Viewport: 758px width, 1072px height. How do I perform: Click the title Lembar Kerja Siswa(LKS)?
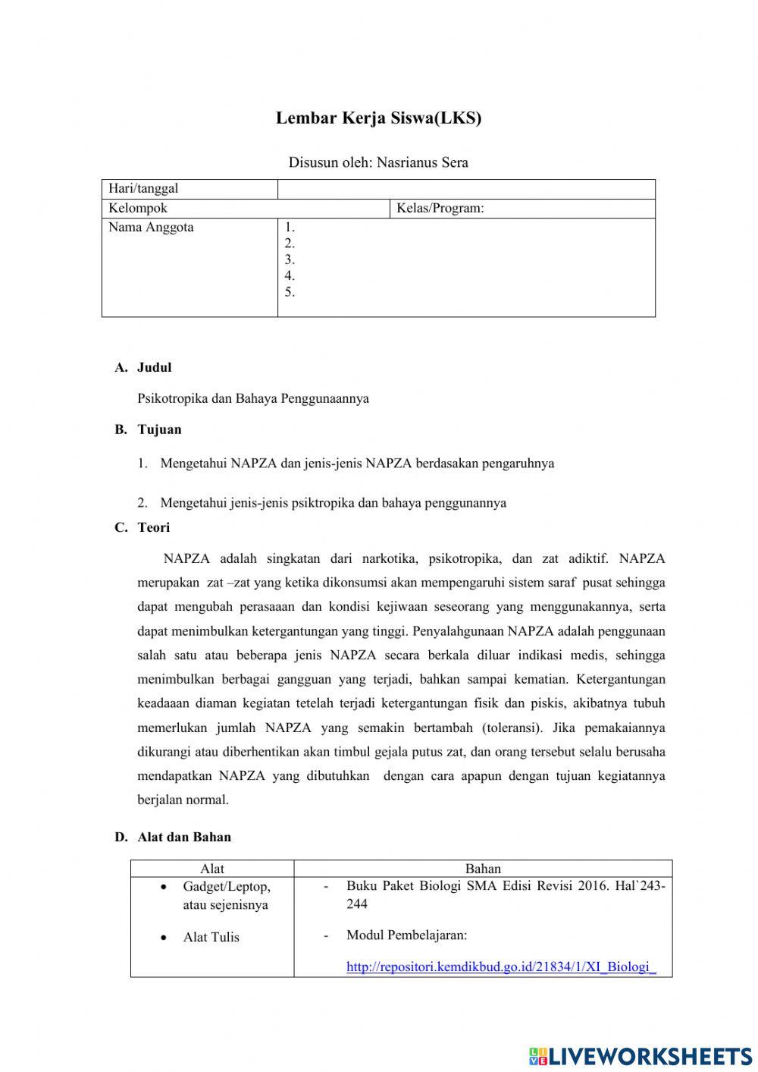tap(378, 118)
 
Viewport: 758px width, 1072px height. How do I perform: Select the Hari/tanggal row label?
tap(143, 189)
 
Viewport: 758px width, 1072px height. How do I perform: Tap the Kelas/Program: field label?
tap(440, 209)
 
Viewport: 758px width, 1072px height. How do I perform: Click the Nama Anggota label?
tap(151, 228)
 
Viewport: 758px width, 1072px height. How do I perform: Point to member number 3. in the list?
tap(290, 259)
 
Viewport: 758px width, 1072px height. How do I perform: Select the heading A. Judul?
tap(143, 367)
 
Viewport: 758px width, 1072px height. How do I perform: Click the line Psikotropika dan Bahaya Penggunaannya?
tap(253, 398)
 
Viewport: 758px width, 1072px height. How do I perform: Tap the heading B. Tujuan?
tap(148, 429)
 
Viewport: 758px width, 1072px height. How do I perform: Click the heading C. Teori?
tap(143, 527)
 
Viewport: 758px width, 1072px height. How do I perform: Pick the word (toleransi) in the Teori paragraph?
tap(512, 728)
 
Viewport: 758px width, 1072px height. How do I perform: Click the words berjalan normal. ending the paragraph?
tap(183, 800)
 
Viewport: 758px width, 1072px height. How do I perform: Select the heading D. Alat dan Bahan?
tap(173, 837)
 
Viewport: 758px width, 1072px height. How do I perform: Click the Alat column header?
tap(211, 869)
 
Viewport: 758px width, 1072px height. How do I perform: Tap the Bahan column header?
tap(483, 869)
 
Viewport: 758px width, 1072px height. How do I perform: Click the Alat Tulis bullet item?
tap(211, 937)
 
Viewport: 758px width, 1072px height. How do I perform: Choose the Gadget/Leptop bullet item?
tap(226, 886)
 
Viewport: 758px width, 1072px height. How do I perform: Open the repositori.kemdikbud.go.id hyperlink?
tap(500, 967)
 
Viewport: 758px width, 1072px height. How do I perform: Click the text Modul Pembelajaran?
tap(406, 935)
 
